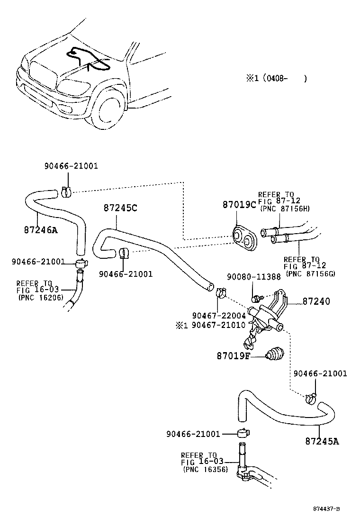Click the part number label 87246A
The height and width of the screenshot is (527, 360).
40,230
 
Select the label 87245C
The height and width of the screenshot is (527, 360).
120,208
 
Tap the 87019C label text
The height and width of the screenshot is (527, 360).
239,205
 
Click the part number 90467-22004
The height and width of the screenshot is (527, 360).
218,316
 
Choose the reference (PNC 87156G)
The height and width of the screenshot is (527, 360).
310,273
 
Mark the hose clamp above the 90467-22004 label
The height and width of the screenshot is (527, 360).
220,292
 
